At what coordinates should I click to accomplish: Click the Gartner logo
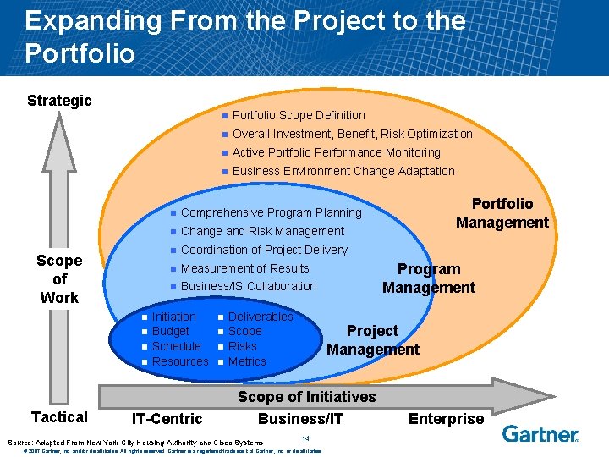[x=540, y=434]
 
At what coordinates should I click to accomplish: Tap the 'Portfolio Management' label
[x=502, y=213]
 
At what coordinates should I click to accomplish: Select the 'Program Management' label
[x=429, y=278]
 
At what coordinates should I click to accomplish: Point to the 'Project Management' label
[x=373, y=340]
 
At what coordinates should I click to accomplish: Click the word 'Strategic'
[x=59, y=101]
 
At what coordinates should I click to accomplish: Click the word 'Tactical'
[x=59, y=416]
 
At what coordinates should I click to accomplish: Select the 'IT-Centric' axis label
[x=167, y=418]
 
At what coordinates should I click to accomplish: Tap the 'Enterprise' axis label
[x=446, y=418]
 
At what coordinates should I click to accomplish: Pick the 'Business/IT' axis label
[x=300, y=418]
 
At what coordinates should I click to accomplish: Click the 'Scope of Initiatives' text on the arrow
[x=306, y=397]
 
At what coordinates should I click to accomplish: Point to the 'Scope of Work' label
[x=59, y=279]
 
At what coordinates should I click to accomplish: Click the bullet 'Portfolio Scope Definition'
[x=299, y=115]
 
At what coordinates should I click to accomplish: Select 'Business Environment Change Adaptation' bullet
[x=343, y=171]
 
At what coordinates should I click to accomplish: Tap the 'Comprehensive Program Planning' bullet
[x=271, y=212]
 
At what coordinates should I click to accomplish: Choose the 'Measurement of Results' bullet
[x=245, y=268]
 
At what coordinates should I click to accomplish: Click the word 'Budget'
[x=171, y=331]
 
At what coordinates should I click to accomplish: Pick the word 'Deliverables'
[x=261, y=317]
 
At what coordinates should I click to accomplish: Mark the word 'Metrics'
[x=247, y=361]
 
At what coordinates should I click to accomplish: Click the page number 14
[x=305, y=438]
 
